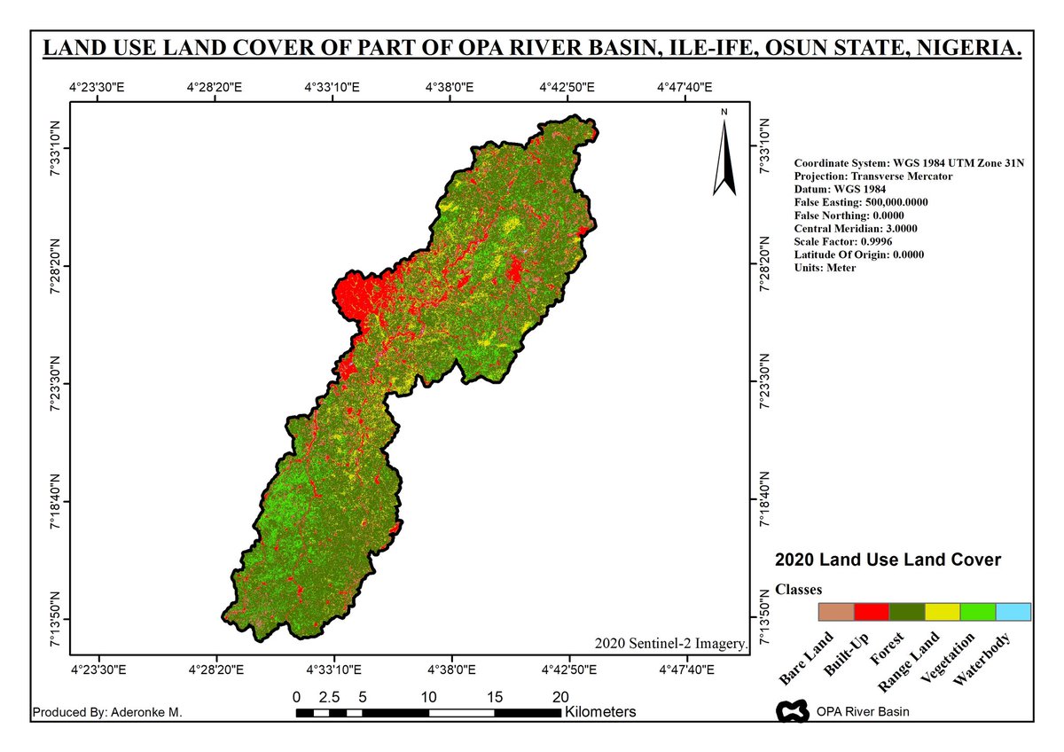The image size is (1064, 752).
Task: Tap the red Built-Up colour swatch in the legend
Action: pos(871,612)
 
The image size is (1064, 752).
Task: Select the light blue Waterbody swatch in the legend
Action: pos(1013,612)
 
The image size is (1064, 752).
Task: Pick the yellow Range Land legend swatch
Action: pos(942,612)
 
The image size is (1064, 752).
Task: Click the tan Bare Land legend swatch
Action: pos(835,612)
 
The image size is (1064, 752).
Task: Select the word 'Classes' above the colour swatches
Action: pos(798,590)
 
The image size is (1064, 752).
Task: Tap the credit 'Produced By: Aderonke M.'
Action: pos(106,712)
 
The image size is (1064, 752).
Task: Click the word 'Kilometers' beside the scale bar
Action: pos(600,712)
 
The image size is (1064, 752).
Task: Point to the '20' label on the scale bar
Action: pos(560,696)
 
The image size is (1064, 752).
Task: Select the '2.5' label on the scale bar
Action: pos(329,696)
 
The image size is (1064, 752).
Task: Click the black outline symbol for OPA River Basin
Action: pos(791,710)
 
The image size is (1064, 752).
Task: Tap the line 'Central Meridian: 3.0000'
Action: pos(856,228)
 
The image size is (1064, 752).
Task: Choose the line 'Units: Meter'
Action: pos(825,268)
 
